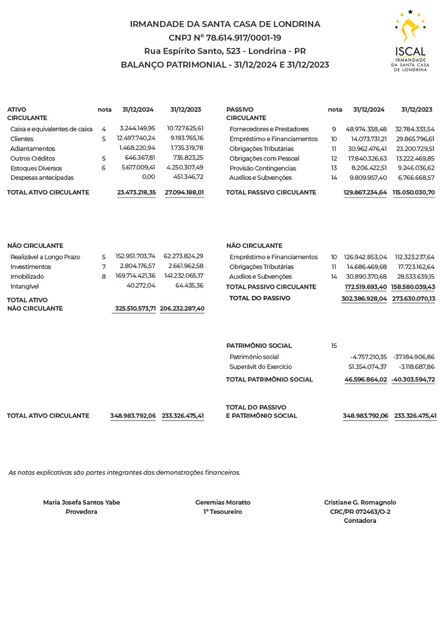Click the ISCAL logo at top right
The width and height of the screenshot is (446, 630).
click(411, 40)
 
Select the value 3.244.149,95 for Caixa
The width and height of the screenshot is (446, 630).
click(137, 128)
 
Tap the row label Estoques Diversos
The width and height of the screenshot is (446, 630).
click(36, 169)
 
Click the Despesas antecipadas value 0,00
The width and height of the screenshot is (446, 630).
click(149, 177)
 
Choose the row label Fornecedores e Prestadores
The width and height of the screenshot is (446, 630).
click(269, 129)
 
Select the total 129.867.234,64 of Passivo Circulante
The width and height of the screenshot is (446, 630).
click(365, 193)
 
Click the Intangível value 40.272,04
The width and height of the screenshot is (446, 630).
click(141, 286)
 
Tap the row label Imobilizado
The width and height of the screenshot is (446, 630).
click(27, 277)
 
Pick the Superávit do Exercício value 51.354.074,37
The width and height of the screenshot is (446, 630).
click(368, 367)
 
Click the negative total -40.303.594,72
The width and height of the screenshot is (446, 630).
click(413, 380)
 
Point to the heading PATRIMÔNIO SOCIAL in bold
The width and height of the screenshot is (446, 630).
click(259, 346)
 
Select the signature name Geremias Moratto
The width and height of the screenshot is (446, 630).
click(223, 502)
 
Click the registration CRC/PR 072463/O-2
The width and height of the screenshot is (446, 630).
click(360, 512)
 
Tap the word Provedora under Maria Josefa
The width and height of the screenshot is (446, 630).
click(81, 512)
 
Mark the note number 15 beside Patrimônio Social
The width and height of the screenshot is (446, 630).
click(334, 346)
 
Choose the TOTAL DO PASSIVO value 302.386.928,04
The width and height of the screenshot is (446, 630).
click(364, 298)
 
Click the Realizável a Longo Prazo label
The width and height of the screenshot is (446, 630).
click(45, 257)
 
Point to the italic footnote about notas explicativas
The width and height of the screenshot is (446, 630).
click(125, 472)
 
